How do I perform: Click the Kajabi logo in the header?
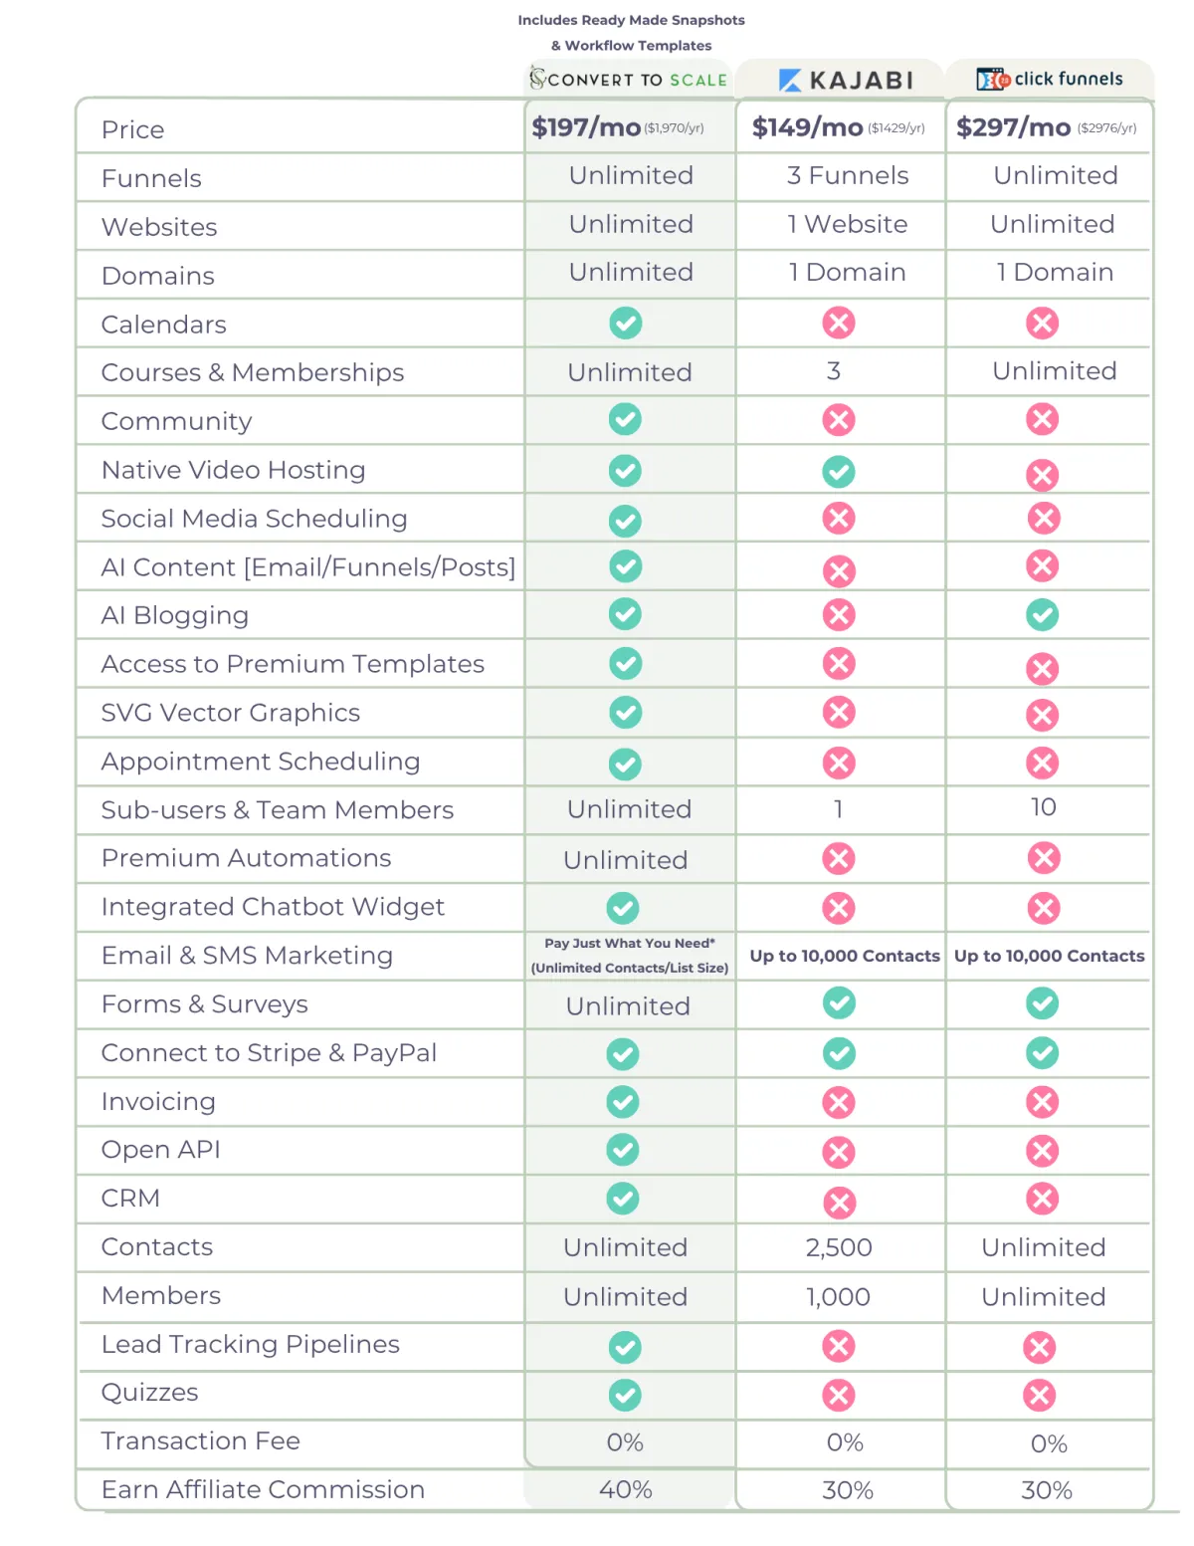click(x=846, y=81)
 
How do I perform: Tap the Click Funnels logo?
click(x=1050, y=79)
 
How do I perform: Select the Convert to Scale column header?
click(x=629, y=80)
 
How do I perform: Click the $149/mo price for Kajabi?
click(x=808, y=127)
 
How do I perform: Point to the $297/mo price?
click(x=1013, y=127)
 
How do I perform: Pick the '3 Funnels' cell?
click(x=848, y=176)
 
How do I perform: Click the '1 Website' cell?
click(x=848, y=225)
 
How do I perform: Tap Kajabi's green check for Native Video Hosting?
click(x=839, y=471)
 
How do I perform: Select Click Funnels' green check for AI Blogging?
click(x=1043, y=615)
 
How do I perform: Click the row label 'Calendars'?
click(x=164, y=325)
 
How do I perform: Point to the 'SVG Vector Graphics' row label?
click(x=231, y=713)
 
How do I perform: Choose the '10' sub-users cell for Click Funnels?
click(x=1043, y=807)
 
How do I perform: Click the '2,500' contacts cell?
click(x=839, y=1247)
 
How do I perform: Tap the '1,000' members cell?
click(x=839, y=1297)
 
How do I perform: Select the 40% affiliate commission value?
click(x=626, y=1490)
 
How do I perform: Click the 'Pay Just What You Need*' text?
click(x=630, y=944)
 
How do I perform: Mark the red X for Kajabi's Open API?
click(x=839, y=1153)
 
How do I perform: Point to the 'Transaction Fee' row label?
click(x=201, y=1441)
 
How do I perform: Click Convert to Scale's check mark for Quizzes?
click(x=625, y=1396)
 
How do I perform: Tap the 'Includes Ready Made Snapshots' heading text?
click(x=631, y=20)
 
